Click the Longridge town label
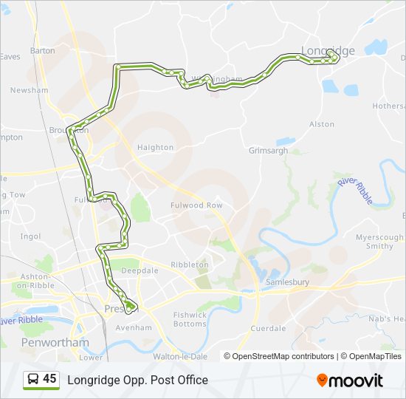point(328,50)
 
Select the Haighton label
point(155,147)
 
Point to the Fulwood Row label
point(196,205)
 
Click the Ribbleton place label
point(190,264)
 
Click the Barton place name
point(43,51)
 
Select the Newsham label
point(30,90)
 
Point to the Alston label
point(322,124)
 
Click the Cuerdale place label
point(268,328)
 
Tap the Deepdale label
point(140,270)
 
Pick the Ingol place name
point(31,236)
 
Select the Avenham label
point(134,327)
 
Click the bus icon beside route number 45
point(32,380)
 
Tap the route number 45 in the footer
point(49,379)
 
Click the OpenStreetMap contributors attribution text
point(283,356)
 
